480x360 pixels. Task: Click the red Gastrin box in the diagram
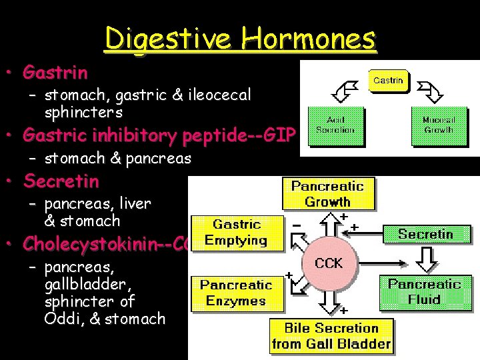388,81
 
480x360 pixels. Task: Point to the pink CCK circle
328,263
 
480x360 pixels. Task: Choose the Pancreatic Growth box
327,194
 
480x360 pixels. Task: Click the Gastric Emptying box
235,233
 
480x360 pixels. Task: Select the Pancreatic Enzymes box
235,293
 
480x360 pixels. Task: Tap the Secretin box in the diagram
425,234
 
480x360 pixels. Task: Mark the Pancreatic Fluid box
425,291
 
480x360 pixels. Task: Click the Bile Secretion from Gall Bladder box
331,336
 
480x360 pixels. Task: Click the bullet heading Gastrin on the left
55,71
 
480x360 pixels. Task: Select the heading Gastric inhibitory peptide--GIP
159,135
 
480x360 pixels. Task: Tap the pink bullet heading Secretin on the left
61,181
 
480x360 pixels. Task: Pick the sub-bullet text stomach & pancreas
117,159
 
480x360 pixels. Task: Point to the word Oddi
61,319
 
